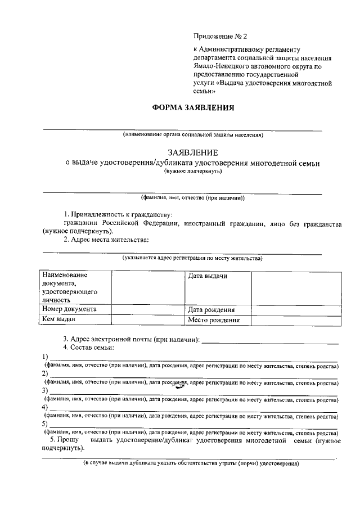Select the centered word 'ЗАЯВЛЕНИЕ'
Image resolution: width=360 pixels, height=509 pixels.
[193, 152]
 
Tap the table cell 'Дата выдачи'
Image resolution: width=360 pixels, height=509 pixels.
[208, 276]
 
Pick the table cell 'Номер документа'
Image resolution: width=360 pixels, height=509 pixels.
[69, 309]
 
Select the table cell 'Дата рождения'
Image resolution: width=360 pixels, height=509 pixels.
[211, 309]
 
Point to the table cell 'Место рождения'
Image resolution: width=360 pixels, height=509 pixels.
[214, 320]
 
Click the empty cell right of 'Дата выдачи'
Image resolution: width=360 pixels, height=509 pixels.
[295, 287]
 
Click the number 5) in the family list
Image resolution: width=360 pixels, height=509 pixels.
[45, 424]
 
